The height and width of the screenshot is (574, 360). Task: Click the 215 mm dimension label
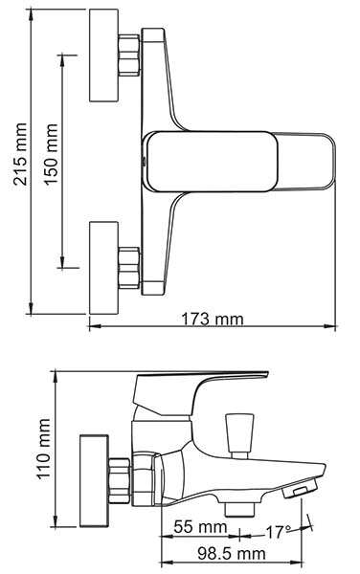click(x=20, y=154)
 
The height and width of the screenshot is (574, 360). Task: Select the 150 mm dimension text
click(x=52, y=154)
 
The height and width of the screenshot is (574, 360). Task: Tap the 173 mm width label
click(x=213, y=319)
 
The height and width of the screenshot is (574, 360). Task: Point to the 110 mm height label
click(x=43, y=448)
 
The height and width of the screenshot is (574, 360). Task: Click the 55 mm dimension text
click(x=200, y=527)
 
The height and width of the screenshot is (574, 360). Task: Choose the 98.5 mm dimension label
click(x=232, y=554)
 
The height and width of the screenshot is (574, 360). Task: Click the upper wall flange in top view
click(x=104, y=55)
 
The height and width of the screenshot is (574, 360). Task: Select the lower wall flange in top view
click(x=104, y=268)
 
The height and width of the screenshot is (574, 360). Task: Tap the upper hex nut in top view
click(x=129, y=55)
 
